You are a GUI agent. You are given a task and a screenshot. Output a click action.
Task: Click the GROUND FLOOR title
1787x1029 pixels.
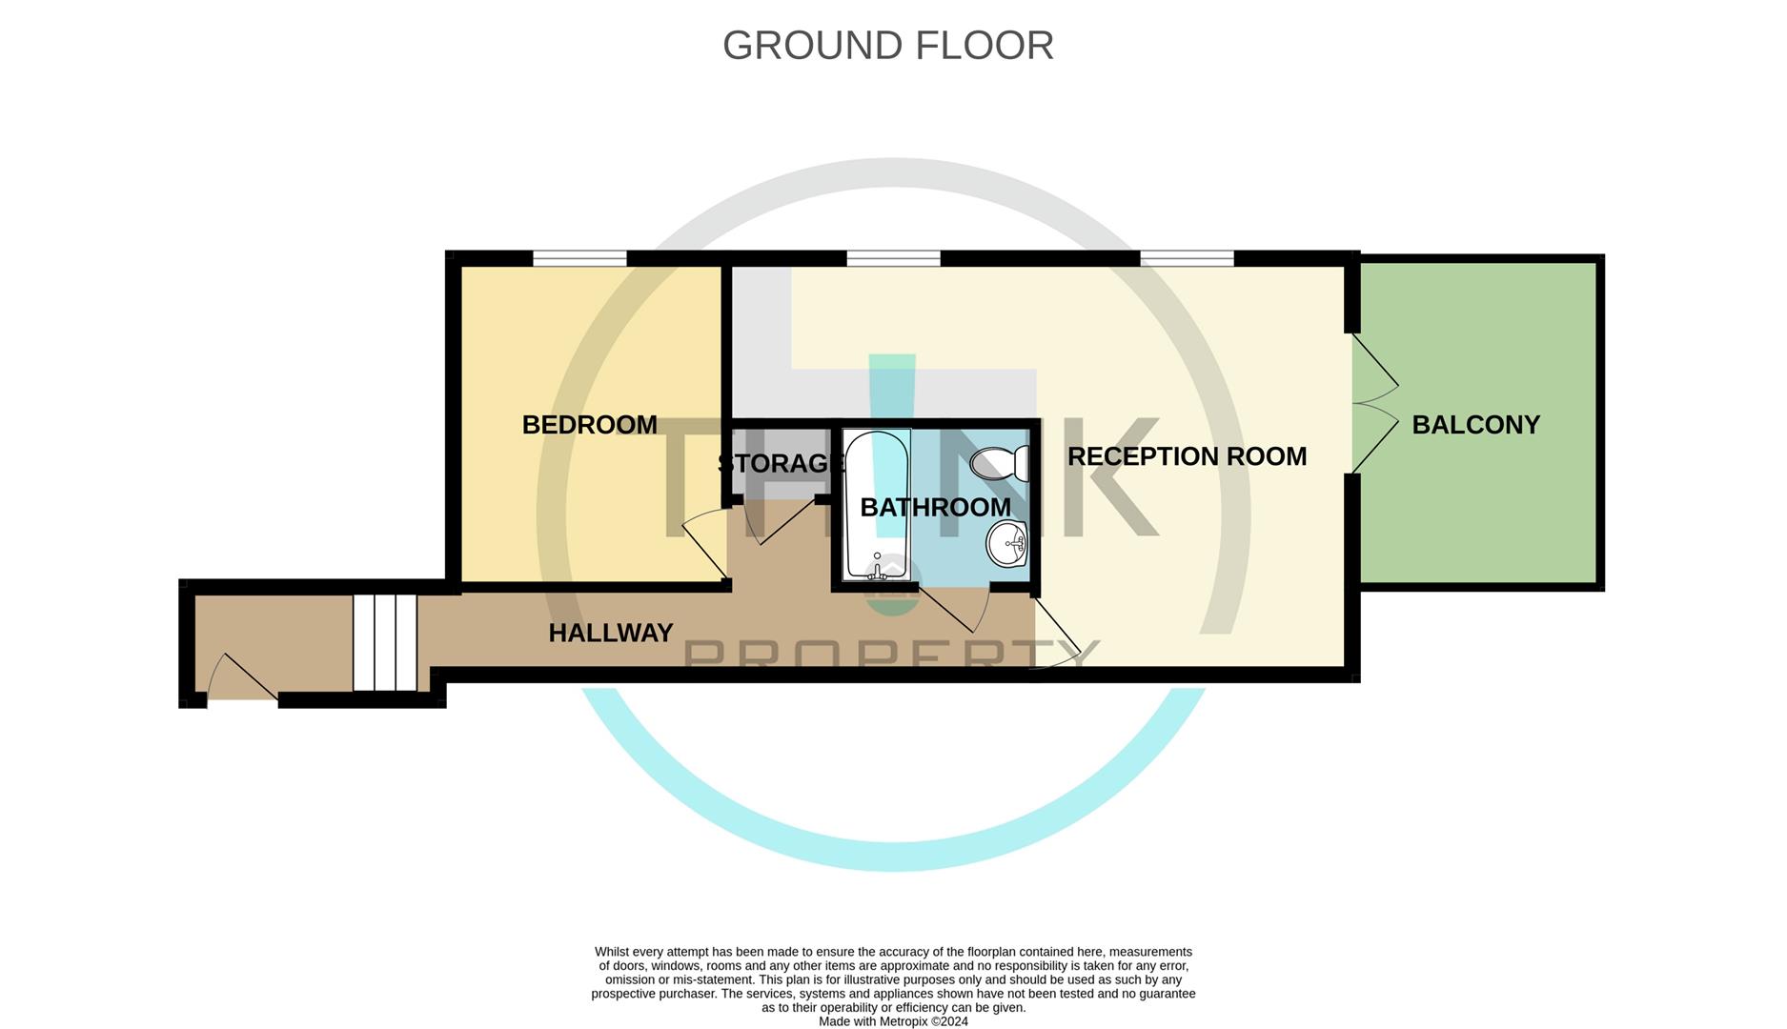tap(887, 46)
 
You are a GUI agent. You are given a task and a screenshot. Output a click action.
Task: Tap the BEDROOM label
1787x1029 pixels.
tap(589, 425)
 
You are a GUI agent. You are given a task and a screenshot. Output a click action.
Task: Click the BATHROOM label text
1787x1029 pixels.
tap(935, 508)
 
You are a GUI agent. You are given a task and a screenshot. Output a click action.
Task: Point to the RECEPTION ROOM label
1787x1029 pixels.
tap(1187, 456)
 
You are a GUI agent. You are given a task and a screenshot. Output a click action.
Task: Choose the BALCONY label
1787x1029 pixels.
tap(1475, 425)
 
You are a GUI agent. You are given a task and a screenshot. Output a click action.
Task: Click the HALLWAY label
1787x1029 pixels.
tap(611, 633)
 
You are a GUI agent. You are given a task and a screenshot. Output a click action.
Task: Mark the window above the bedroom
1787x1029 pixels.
tap(579, 258)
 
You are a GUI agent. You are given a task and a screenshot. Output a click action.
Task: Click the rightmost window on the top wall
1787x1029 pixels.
tap(1187, 258)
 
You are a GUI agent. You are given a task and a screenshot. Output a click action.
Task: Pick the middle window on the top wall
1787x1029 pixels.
tap(893, 258)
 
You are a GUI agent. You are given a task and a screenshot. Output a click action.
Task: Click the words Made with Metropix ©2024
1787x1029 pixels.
tap(893, 1021)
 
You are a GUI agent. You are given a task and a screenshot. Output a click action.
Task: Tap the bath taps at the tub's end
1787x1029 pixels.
tap(878, 568)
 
